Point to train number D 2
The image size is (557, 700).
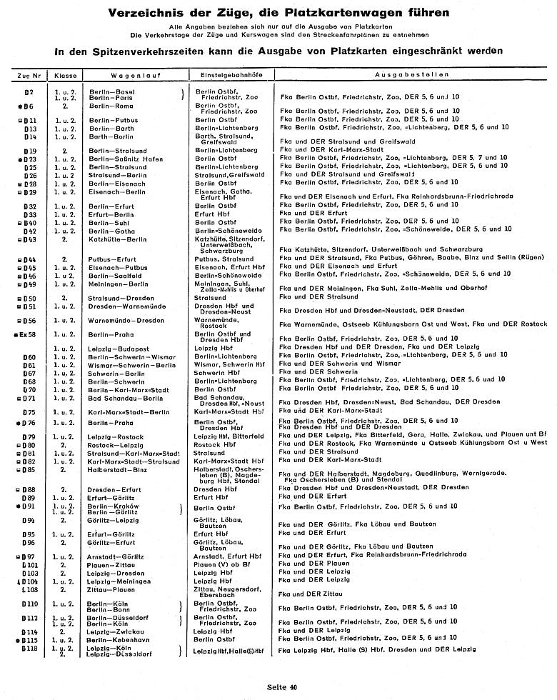coord(29,94)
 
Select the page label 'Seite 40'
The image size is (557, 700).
coord(281,686)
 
